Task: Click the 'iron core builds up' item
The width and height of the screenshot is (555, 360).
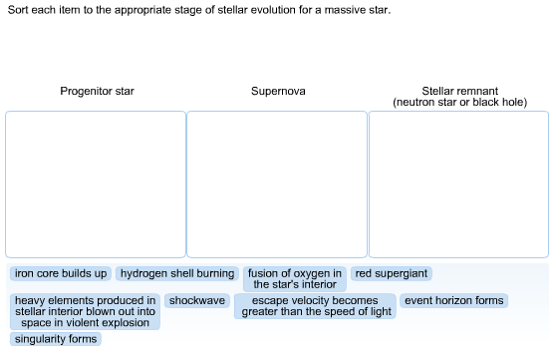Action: pyautogui.click(x=61, y=273)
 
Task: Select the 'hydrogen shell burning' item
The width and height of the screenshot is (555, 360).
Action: pyautogui.click(x=177, y=273)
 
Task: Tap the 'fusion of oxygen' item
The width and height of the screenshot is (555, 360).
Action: pyautogui.click(x=295, y=278)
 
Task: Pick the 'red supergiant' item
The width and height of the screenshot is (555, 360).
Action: pyautogui.click(x=392, y=273)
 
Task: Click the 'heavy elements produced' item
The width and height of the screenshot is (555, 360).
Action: pyautogui.click(x=85, y=311)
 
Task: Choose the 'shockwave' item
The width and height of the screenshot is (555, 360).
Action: pyautogui.click(x=198, y=300)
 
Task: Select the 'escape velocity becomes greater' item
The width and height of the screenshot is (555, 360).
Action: pyautogui.click(x=316, y=306)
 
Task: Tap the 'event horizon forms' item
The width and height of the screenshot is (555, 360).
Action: pyautogui.click(x=453, y=300)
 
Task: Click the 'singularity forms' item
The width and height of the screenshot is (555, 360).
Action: pyautogui.click(x=56, y=339)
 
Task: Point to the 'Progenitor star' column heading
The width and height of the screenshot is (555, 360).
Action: pyautogui.click(x=97, y=92)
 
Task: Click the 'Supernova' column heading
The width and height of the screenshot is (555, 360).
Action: pyautogui.click(x=278, y=92)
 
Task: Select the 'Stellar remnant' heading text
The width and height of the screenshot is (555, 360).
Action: pyautogui.click(x=459, y=91)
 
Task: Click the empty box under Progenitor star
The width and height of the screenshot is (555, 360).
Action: pyautogui.click(x=96, y=184)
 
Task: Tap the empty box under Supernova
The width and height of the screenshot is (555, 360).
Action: pyautogui.click(x=277, y=184)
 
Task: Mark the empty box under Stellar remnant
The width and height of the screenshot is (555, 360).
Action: pyautogui.click(x=459, y=184)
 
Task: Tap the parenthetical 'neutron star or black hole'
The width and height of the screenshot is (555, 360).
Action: pyautogui.click(x=459, y=103)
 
